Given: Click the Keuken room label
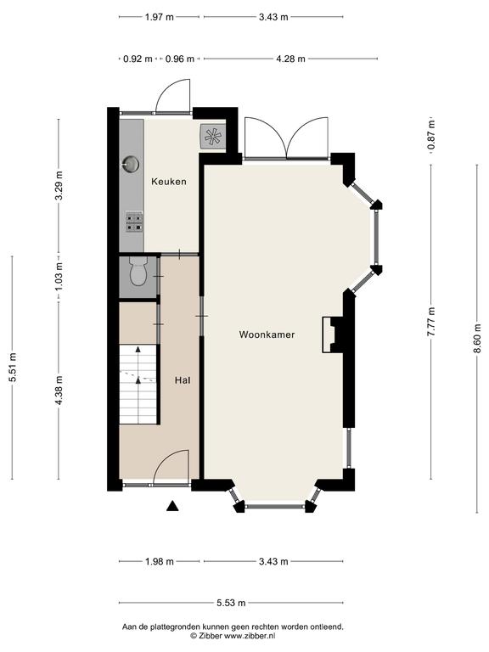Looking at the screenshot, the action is pyautogui.click(x=169, y=182).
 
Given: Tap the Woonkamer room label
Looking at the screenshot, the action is pyautogui.click(x=267, y=334).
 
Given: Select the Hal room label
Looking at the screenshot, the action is pyautogui.click(x=183, y=380).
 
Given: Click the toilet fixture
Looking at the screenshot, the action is pyautogui.click(x=138, y=271).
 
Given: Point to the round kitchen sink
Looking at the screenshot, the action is pyautogui.click(x=131, y=164).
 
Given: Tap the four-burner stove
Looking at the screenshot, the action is pyautogui.click(x=134, y=222).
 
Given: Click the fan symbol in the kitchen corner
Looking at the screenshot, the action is pyautogui.click(x=213, y=136).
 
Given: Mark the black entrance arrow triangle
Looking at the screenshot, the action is pyautogui.click(x=172, y=506).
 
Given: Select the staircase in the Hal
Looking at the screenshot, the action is pyautogui.click(x=138, y=384).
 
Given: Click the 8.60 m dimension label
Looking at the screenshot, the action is pyautogui.click(x=477, y=339).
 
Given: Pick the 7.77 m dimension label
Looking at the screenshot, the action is pyautogui.click(x=431, y=322).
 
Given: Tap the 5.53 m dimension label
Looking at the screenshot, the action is pyautogui.click(x=231, y=603).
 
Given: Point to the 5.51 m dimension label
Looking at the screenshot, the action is pyautogui.click(x=13, y=367).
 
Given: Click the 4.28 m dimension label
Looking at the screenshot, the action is pyautogui.click(x=290, y=59).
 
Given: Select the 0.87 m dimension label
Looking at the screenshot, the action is pyautogui.click(x=431, y=135).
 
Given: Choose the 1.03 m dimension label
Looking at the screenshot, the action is pyautogui.click(x=59, y=276).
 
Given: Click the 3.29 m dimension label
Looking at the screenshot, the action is pyautogui.click(x=59, y=185).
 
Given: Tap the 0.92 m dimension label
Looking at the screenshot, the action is pyautogui.click(x=138, y=59).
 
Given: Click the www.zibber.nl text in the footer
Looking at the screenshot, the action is pyautogui.click(x=250, y=636).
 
